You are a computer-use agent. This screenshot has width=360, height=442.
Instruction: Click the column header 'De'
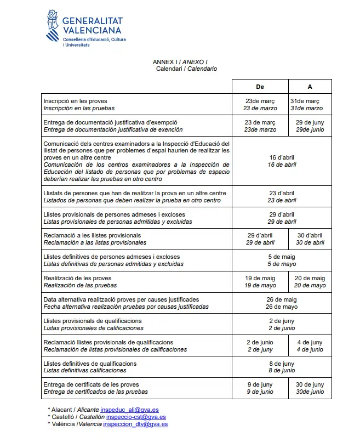pyautogui.click(x=260, y=87)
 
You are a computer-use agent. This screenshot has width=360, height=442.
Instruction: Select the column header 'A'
pyautogui.click(x=310, y=87)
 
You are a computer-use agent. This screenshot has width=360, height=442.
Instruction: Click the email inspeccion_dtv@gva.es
pyautogui.click(x=135, y=424)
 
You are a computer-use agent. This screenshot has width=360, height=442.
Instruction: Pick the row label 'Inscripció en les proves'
pyautogui.click(x=75, y=101)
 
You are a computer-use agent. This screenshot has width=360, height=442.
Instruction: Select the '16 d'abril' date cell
pyautogui.click(x=282, y=161)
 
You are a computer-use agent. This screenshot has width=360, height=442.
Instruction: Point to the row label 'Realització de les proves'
pyautogui.click(x=77, y=279)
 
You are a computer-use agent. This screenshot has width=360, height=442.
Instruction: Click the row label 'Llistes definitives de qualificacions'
pyautogui.click(x=90, y=364)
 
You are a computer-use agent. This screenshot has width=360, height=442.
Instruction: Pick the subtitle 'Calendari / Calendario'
pyautogui.click(x=186, y=69)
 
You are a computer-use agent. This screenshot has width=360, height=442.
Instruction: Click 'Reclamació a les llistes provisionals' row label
pyautogui.click(x=92, y=235)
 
